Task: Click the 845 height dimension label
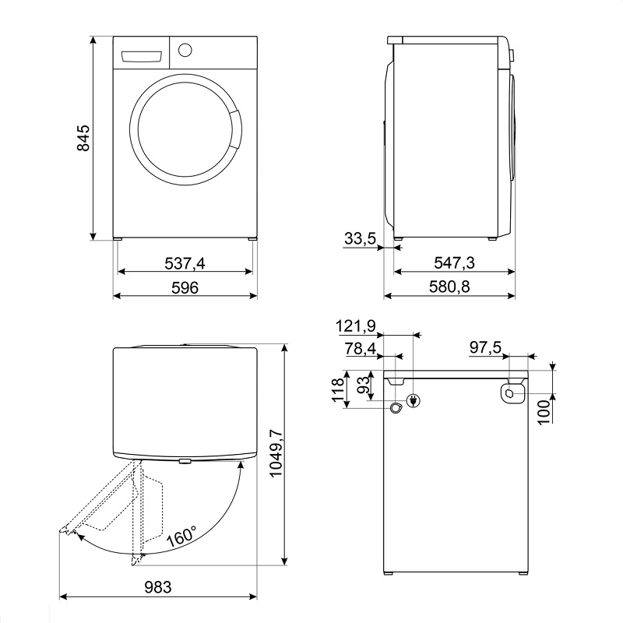click(83, 139)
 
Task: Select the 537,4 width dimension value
click(185, 263)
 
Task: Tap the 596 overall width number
click(185, 287)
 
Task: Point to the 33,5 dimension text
click(360, 238)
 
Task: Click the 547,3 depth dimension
click(454, 262)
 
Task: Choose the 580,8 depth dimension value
click(449, 287)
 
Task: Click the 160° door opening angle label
click(181, 536)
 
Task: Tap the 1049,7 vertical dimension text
click(276, 453)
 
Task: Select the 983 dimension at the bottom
click(158, 587)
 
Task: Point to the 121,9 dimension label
click(356, 326)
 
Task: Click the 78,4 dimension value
click(361, 348)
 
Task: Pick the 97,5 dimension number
click(485, 347)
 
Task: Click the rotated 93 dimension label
click(363, 385)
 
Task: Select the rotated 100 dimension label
click(544, 413)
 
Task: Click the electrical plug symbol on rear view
click(414, 400)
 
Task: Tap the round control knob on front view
click(185, 50)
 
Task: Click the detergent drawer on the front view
click(141, 56)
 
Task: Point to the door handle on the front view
click(235, 129)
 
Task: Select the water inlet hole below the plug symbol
click(396, 408)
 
